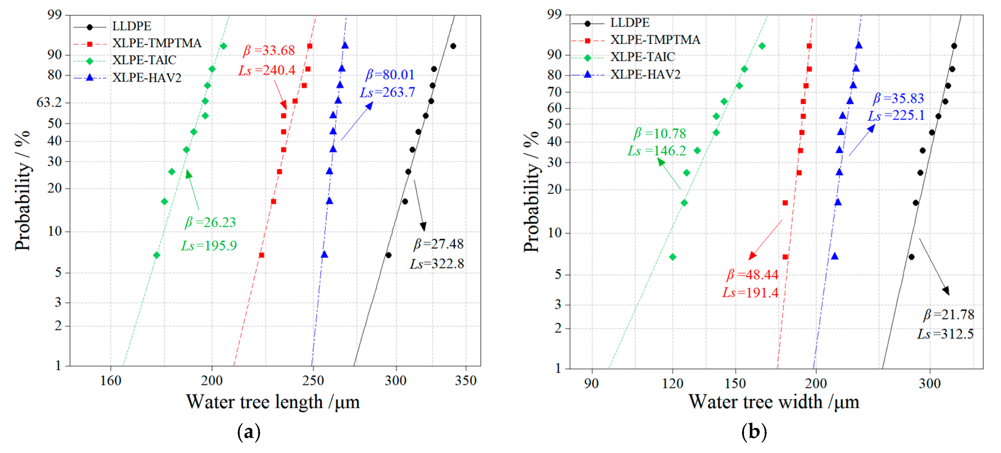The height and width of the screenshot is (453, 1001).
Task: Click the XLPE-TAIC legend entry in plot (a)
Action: [144, 60]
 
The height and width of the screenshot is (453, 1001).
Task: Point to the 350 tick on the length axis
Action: [466, 380]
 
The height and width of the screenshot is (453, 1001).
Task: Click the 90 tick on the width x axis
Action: [591, 383]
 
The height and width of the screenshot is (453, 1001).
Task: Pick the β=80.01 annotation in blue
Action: [390, 75]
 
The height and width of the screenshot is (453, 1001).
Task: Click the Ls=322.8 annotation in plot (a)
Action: [437, 264]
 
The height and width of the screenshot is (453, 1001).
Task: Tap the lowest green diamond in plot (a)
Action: [156, 255]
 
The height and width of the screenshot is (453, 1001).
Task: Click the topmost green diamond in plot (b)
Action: [762, 46]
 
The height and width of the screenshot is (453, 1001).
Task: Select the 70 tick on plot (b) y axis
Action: [555, 92]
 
